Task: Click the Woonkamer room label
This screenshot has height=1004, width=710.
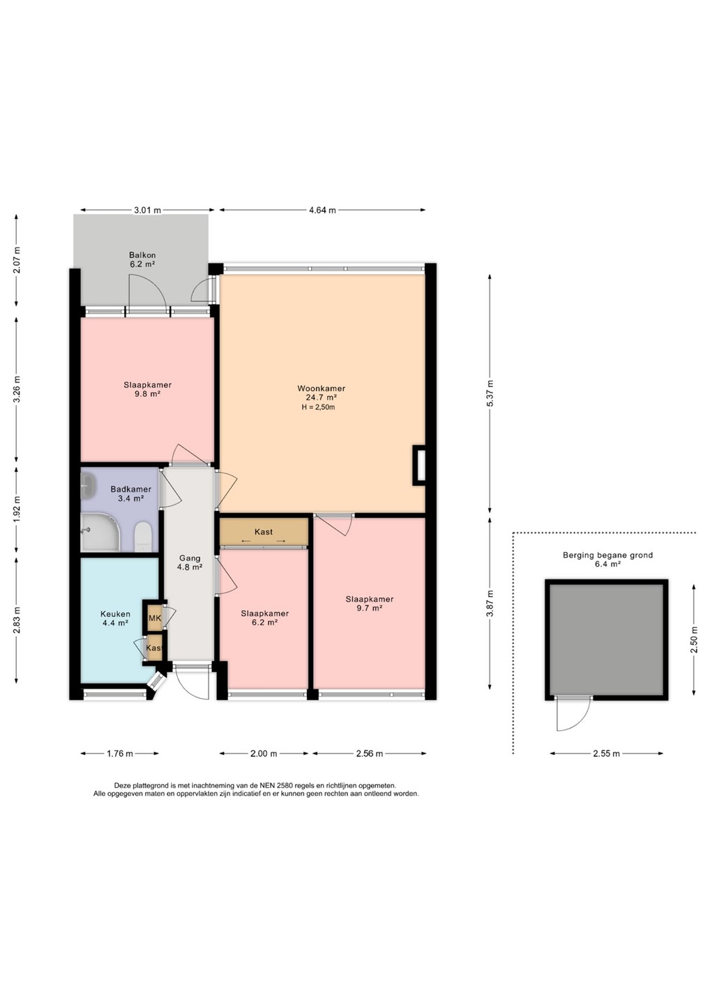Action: click(321, 388)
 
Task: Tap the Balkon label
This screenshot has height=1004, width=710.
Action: click(142, 255)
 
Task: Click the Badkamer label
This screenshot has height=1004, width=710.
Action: click(131, 489)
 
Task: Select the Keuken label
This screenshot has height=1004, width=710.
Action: click(116, 614)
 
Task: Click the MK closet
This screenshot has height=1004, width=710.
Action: click(155, 618)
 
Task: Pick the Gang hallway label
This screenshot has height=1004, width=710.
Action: click(190, 558)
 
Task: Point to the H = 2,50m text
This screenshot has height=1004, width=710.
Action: click(318, 407)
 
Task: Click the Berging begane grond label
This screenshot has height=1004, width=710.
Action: click(607, 555)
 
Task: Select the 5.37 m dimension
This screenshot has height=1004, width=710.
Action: click(490, 393)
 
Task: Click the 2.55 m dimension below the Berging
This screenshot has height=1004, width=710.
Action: click(607, 754)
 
